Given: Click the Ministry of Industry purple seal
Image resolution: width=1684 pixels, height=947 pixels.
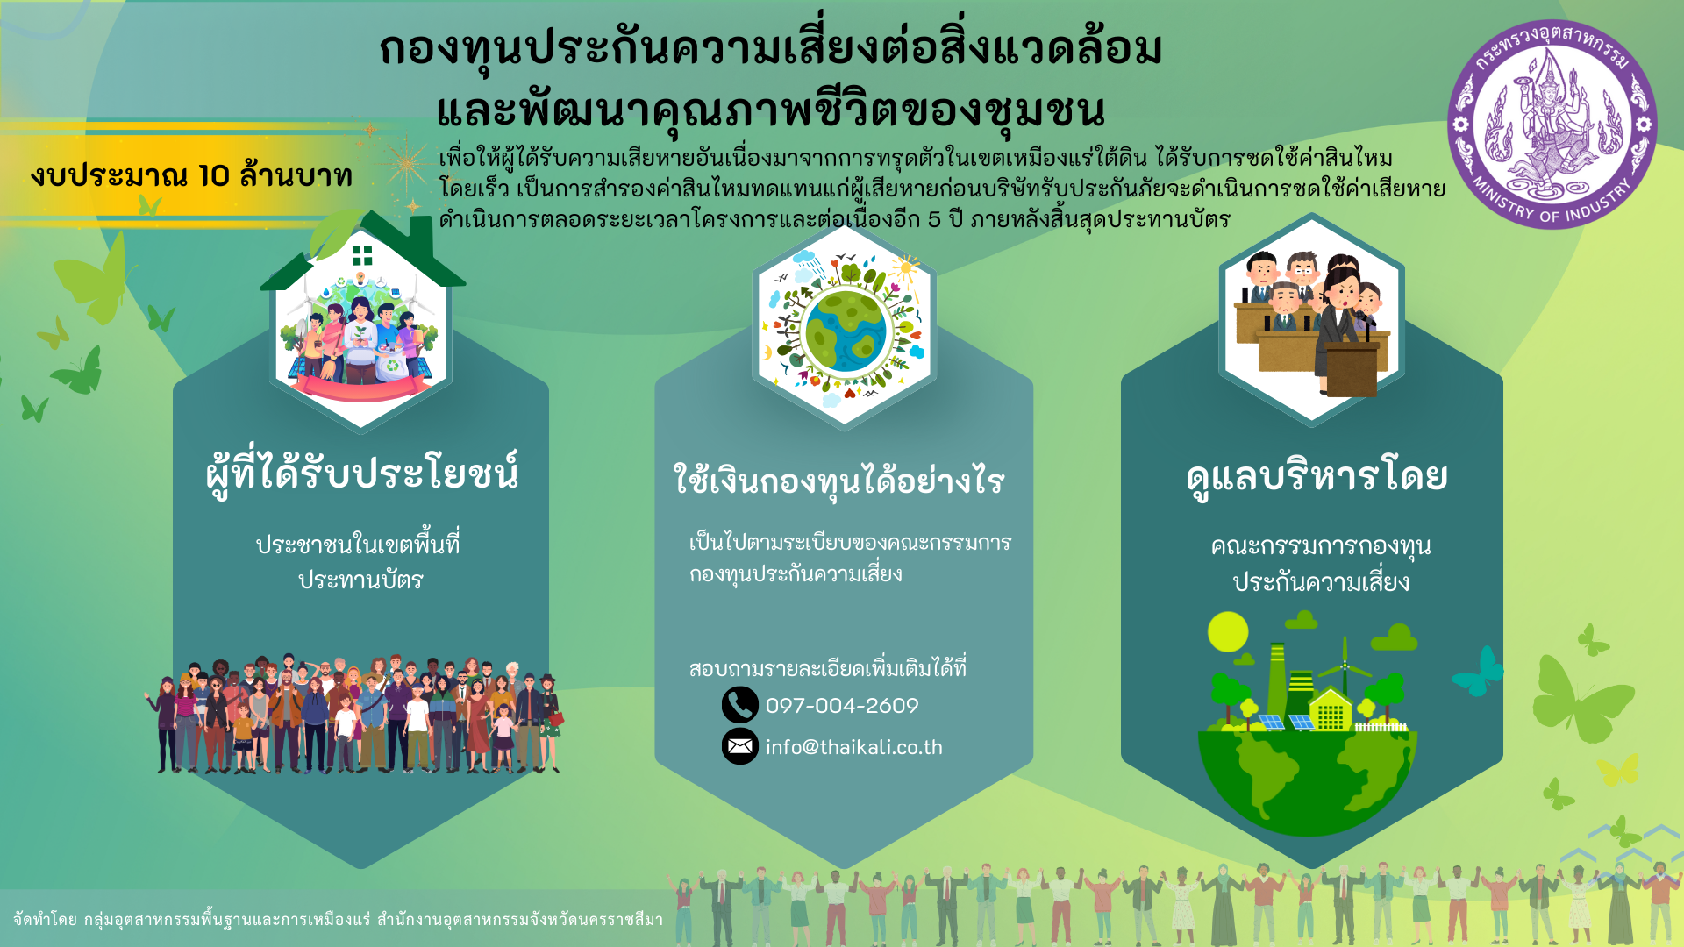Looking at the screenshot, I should (1551, 125).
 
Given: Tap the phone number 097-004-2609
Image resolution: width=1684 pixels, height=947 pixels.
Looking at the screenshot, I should (841, 706).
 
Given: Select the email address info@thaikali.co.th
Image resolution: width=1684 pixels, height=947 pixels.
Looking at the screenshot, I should (853, 747).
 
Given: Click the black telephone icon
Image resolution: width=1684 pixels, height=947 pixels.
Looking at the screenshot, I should (739, 704).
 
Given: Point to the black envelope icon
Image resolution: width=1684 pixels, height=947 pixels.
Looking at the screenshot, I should (739, 746).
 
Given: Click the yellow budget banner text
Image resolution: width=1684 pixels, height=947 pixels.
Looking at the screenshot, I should (190, 175).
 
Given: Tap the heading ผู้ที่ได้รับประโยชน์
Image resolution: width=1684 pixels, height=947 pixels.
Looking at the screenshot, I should (361, 473).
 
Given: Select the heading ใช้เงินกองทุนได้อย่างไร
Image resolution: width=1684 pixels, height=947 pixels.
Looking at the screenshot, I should (838, 481).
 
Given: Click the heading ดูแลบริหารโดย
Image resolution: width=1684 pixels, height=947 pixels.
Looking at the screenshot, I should (1316, 476).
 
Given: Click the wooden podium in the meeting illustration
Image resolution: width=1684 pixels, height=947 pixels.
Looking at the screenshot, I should (1351, 368).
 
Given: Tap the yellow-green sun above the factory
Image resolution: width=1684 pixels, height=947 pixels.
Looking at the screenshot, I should (1227, 631).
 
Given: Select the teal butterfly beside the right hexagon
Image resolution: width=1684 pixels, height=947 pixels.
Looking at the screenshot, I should (1480, 672).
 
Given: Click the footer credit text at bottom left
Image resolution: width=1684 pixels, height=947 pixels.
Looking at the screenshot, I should (338, 919).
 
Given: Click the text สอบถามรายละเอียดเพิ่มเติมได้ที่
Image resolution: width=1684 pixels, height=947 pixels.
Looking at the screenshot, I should (827, 668).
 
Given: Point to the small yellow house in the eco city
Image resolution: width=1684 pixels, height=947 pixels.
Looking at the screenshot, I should (1330, 710).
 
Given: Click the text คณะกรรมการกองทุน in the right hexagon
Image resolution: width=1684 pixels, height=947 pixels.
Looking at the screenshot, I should (1320, 546).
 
